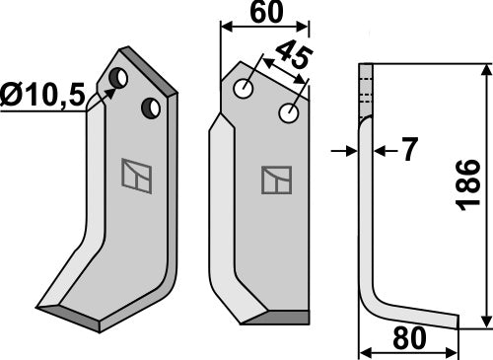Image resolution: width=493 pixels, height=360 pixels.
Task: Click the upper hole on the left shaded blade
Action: coord(118,77)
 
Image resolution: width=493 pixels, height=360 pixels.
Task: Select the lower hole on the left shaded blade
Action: coord(152,107)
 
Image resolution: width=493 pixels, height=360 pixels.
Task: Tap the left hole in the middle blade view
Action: coord(243,90)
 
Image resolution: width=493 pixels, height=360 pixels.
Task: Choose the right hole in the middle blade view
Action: coord(288,113)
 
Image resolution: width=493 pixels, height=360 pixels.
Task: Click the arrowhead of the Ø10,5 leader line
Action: coord(111,87)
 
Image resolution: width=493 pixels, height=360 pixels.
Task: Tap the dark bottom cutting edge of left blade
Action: coord(84,318)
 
